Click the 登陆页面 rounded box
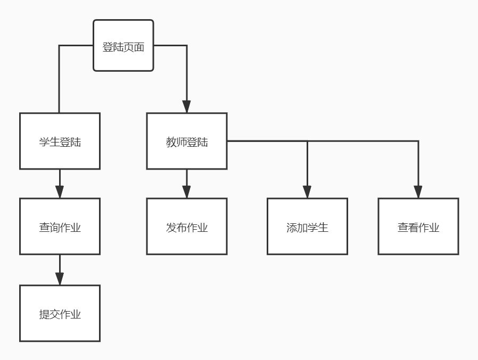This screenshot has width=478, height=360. (123, 46)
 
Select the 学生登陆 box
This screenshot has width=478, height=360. (60, 141)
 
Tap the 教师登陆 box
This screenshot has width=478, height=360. (187, 141)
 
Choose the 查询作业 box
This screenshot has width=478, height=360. (60, 227)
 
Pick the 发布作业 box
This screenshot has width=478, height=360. (187, 227)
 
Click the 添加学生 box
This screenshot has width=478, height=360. (307, 227)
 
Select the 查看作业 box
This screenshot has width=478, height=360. (418, 227)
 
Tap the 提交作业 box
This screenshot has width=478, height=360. (60, 314)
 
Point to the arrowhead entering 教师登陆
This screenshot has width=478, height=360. (187, 106)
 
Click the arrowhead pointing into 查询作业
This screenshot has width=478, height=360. (60, 191)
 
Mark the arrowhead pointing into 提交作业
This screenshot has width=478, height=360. (60, 278)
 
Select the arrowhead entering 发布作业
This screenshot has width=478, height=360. (187, 191)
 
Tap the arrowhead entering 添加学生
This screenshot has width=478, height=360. (307, 191)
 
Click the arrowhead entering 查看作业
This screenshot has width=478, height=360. (418, 191)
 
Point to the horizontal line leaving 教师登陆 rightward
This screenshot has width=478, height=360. (266, 141)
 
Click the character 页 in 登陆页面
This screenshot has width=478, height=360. (128, 47)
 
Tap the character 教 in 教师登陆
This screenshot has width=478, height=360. (171, 142)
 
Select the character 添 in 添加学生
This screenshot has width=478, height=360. (292, 228)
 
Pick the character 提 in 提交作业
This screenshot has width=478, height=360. (44, 314)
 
